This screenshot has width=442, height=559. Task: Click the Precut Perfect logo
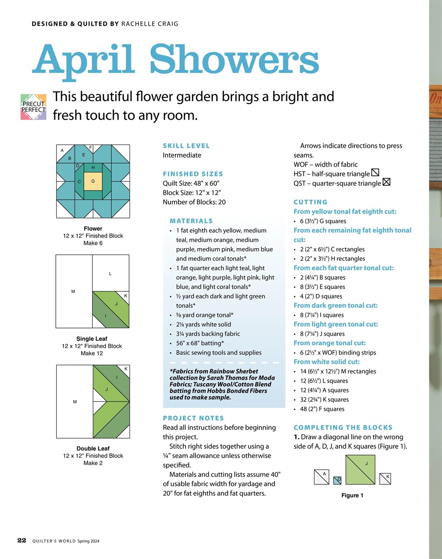pyautogui.click(x=34, y=107)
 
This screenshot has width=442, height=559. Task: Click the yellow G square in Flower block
pyautogui.click(x=93, y=181)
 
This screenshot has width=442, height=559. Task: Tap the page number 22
pyautogui.click(x=22, y=540)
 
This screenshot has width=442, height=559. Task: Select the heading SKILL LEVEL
pyautogui.click(x=186, y=146)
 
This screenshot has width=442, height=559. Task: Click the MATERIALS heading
pyautogui.click(x=191, y=221)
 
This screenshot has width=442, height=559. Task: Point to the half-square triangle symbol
pyautogui.click(x=375, y=173)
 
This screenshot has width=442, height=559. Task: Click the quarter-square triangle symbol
pyautogui.click(x=386, y=182)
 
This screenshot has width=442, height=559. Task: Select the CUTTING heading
pyautogui.click(x=310, y=202)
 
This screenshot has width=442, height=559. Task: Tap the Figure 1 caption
pyautogui.click(x=352, y=495)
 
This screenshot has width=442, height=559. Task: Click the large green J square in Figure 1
pyautogui.click(x=360, y=469)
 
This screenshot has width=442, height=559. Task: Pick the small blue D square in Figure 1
pyautogui.click(x=337, y=480)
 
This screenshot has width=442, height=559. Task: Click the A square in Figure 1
pyautogui.click(x=322, y=477)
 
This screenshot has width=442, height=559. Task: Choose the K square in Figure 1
pyautogui.click(x=385, y=479)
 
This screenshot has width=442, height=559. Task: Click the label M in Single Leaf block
pyautogui.click(x=73, y=291)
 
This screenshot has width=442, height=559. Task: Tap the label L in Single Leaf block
pyautogui.click(x=110, y=273)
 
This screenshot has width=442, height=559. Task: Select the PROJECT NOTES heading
pyautogui.click(x=193, y=418)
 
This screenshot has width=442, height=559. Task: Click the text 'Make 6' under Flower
pyautogui.click(x=93, y=243)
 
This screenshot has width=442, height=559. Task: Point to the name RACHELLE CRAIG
pyautogui.click(x=150, y=24)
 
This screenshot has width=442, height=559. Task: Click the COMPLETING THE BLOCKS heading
pyautogui.click(x=343, y=428)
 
